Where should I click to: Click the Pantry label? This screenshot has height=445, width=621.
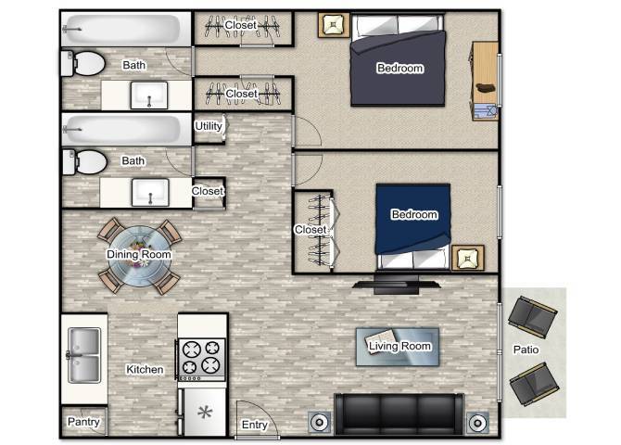tap(83, 422)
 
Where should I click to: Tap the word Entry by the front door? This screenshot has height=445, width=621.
tap(255, 426)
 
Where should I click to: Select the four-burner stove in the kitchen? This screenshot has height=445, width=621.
tap(202, 358)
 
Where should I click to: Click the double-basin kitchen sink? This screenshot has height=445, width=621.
tap(83, 354)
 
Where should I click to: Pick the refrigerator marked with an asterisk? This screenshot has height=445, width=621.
tap(203, 411)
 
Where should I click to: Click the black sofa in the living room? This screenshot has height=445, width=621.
tap(399, 413)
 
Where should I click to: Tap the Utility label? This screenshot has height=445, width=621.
tap(208, 126)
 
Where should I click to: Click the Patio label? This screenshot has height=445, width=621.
tap(526, 350)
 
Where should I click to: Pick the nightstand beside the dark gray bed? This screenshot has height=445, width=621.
tap(332, 24)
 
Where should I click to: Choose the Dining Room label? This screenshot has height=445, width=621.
tap(139, 255)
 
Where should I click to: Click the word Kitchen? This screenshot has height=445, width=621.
tap(145, 370)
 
